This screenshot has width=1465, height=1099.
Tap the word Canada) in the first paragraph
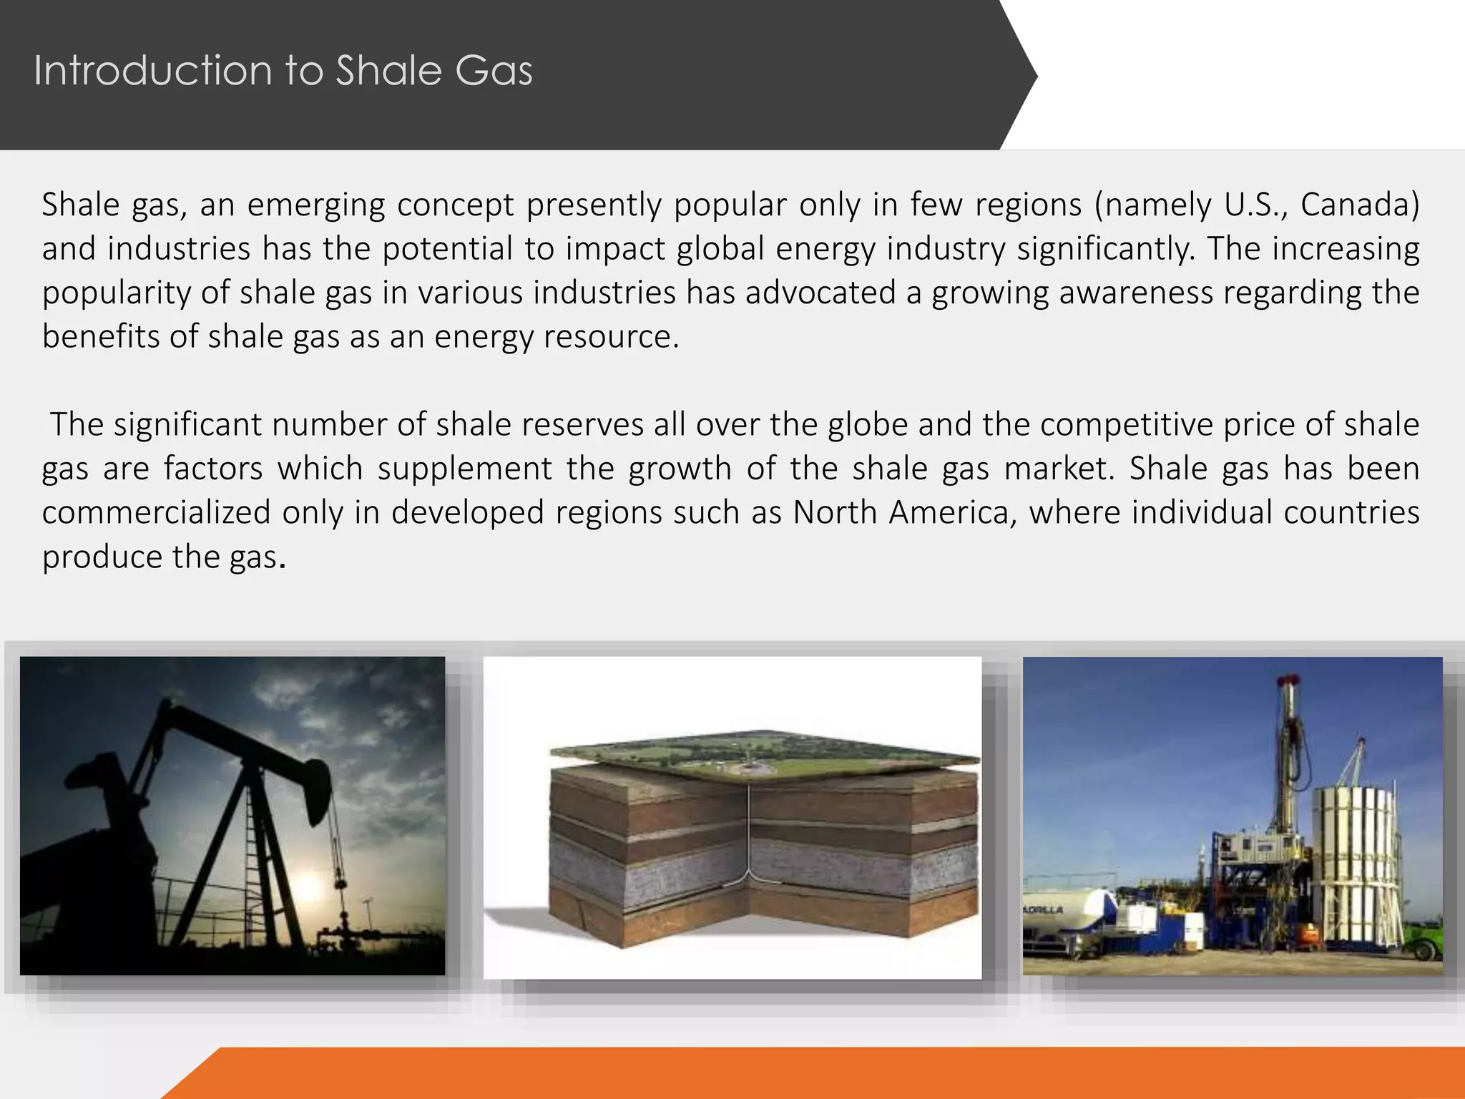click(1359, 205)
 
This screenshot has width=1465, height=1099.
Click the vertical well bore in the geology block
click(748, 830)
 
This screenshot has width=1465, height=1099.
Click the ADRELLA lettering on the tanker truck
click(1044, 910)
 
